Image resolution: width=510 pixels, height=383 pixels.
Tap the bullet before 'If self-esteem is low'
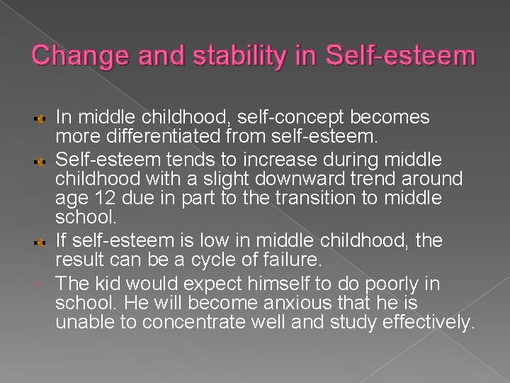(42, 241)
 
